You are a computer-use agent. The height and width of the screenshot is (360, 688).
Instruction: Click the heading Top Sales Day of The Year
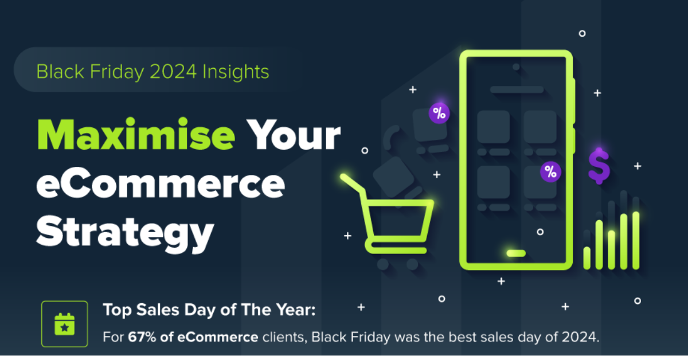tap(209, 311)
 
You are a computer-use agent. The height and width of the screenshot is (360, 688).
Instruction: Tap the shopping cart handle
tap(352, 184)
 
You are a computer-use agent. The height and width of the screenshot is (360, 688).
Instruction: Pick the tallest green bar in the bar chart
tap(636, 240)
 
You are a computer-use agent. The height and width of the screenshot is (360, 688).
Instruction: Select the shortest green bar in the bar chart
tap(587, 258)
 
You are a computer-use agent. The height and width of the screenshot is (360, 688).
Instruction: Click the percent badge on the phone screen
tap(551, 171)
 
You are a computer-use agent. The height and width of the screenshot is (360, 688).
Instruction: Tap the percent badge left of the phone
tap(439, 113)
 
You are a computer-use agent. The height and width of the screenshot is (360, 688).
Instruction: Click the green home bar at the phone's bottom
tap(516, 253)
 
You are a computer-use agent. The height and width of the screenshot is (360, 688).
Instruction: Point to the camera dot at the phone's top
tap(516, 67)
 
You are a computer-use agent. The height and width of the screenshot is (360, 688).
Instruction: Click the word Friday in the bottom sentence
tap(365, 337)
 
